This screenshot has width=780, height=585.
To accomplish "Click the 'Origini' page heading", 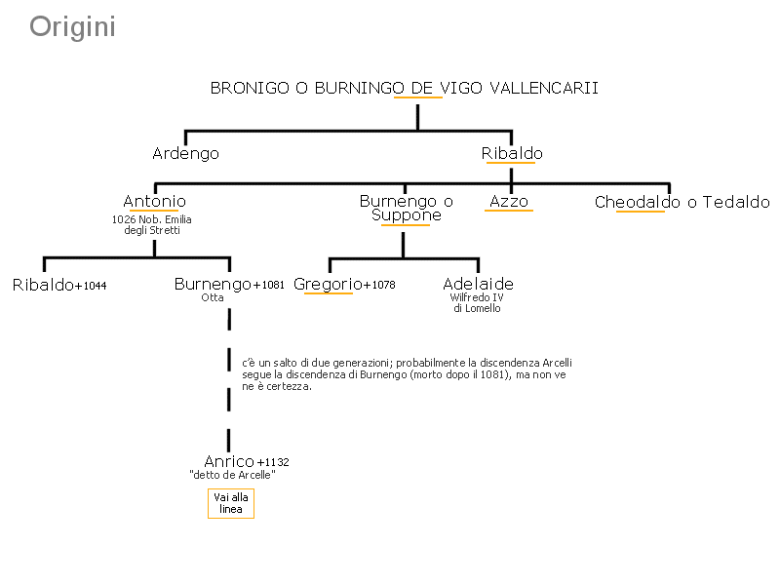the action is coord(72,27).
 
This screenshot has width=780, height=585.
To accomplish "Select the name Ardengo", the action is coord(185,154).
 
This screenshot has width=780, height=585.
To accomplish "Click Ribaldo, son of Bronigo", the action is coord(512,153).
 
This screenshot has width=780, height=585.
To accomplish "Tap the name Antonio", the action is coord(154,201).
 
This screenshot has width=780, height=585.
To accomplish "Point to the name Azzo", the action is coord(509,201).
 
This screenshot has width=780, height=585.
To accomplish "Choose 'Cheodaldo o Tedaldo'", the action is coord(682,202).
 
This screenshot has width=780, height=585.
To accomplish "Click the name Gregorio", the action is coord(328,285).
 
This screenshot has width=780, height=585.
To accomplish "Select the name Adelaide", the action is coord(478,284).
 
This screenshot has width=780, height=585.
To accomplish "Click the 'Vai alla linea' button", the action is coord(231,503).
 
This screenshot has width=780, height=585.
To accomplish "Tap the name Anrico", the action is coord(229,461).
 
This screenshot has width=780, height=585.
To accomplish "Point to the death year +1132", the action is coord(273,462).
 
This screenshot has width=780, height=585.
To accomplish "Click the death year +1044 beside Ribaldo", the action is coord(91,286).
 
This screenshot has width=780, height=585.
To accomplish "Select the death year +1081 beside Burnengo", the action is coord(269,285).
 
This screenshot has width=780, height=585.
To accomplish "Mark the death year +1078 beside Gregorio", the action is coord(379,285).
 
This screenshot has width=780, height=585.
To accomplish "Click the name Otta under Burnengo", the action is coord(213,297).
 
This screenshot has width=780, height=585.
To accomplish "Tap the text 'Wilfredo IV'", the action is coord(477,297).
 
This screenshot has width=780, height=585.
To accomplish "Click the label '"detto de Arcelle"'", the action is coord(232,475).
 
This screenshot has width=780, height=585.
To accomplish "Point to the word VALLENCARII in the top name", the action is coord(544,88).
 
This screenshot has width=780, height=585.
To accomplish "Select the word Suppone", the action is coord(407,215).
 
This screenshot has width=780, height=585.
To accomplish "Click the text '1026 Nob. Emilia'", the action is coord(152,219).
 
